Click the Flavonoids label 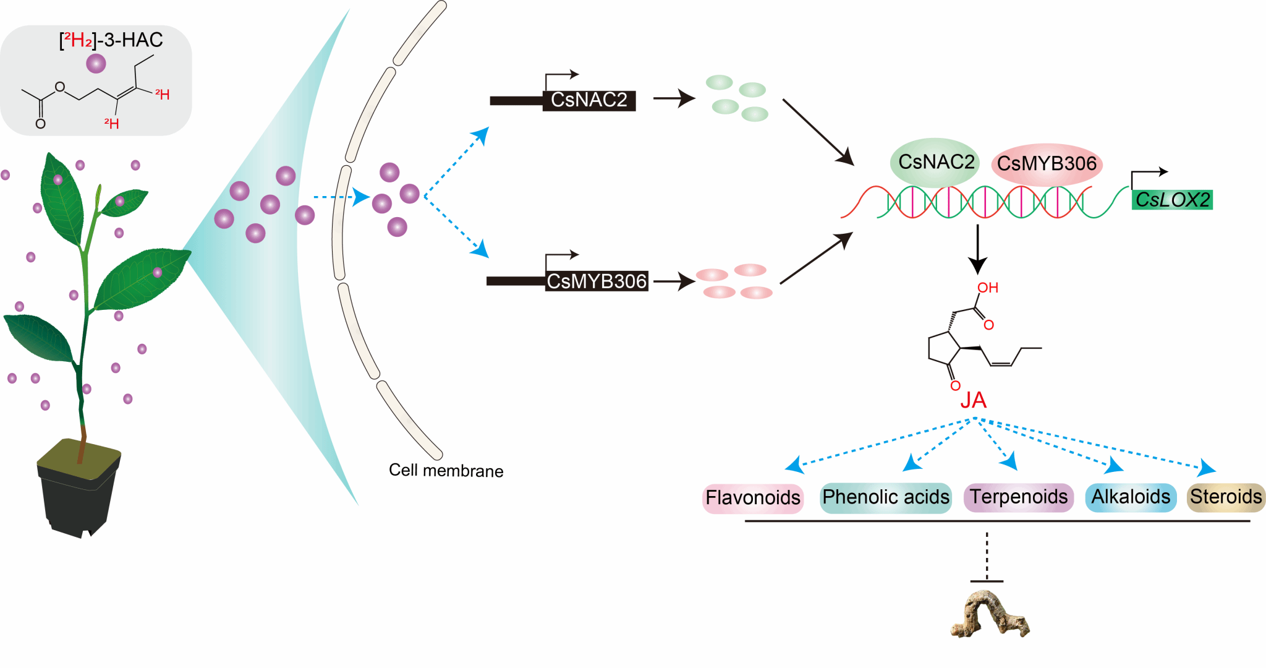[752, 498]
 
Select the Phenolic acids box [885, 497]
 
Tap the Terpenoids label [1018, 497]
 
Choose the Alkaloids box [1131, 497]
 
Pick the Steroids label [1226, 497]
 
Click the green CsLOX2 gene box [1172, 200]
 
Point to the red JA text [973, 401]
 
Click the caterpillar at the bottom [989, 615]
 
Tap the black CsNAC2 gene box [589, 100]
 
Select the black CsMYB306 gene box [597, 281]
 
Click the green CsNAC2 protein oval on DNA [935, 162]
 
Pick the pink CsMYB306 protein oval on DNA [1046, 164]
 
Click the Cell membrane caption [446, 471]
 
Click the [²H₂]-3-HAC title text [111, 40]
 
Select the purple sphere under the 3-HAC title [96, 63]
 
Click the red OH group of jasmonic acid [987, 288]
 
